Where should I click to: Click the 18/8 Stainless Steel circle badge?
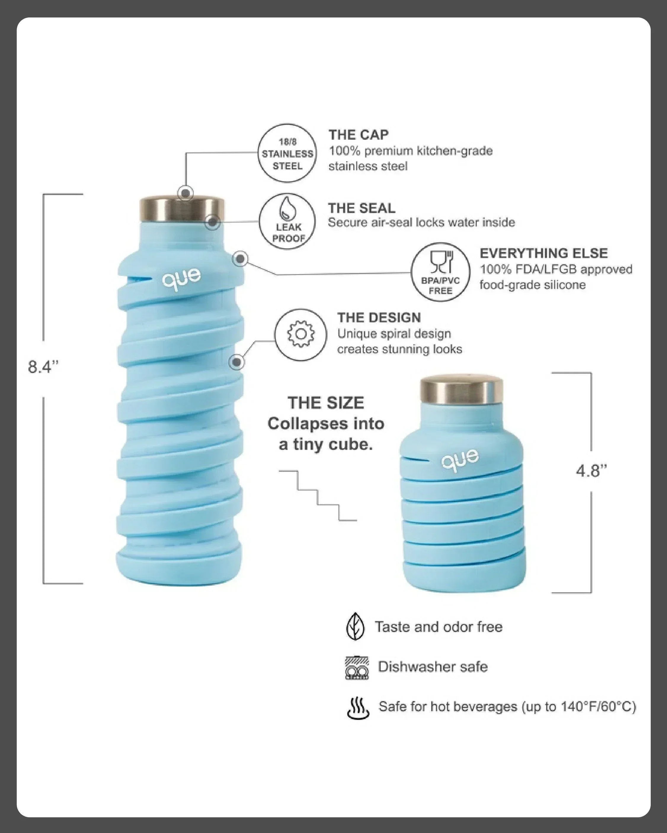(x=287, y=153)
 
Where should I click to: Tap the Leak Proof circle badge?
(x=287, y=221)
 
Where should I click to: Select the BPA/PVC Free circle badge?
(x=440, y=272)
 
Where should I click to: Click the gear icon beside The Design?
(x=301, y=334)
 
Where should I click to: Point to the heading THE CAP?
(x=359, y=135)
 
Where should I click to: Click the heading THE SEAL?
(x=362, y=208)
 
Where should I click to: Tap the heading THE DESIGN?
(x=379, y=318)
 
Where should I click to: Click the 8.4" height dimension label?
(x=43, y=367)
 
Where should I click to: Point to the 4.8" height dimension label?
(x=591, y=471)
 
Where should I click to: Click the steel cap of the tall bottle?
(x=182, y=209)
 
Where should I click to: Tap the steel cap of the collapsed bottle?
(x=461, y=391)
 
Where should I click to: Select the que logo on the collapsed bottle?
(x=460, y=459)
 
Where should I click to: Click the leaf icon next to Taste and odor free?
(x=355, y=627)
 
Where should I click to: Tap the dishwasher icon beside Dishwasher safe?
(x=356, y=668)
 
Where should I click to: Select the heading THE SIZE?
(x=326, y=403)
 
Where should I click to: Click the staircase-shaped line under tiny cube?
(x=318, y=496)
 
